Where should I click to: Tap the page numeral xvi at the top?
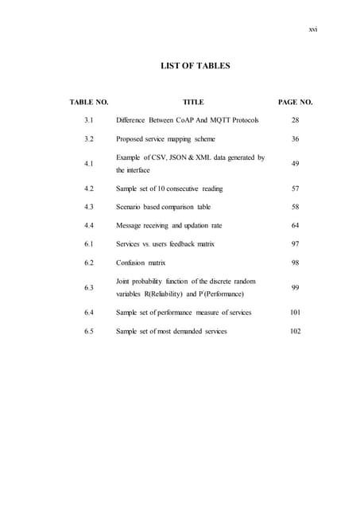click(312, 29)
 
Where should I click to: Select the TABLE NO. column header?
click(89, 103)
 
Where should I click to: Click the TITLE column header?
click(193, 103)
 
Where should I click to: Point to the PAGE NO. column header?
click(295, 103)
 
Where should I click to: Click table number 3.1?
click(90, 120)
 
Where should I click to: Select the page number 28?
click(295, 120)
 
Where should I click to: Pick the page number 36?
click(295, 138)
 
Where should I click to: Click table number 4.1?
click(90, 164)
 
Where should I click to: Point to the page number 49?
click(295, 164)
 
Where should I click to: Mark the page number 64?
click(295, 225)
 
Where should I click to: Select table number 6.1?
click(90, 243)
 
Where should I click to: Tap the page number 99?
click(295, 287)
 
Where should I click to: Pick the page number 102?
click(295, 331)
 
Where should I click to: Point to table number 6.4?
click(90, 313)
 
